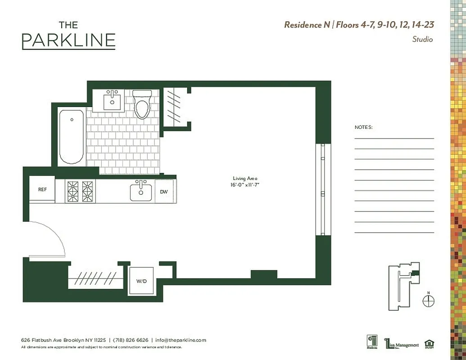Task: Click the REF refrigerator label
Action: tap(42, 189)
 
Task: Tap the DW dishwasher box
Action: tap(164, 192)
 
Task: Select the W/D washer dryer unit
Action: tap(141, 281)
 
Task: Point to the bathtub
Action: tap(72, 137)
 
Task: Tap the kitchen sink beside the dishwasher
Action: tap(141, 191)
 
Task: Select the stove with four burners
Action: tap(80, 191)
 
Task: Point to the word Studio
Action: tap(422, 39)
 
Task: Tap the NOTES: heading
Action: tap(363, 127)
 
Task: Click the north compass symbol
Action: tap(429, 301)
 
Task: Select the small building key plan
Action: tap(403, 286)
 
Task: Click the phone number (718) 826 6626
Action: tap(130, 340)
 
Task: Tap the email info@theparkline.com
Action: tap(181, 340)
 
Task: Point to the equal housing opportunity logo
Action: tap(430, 343)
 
